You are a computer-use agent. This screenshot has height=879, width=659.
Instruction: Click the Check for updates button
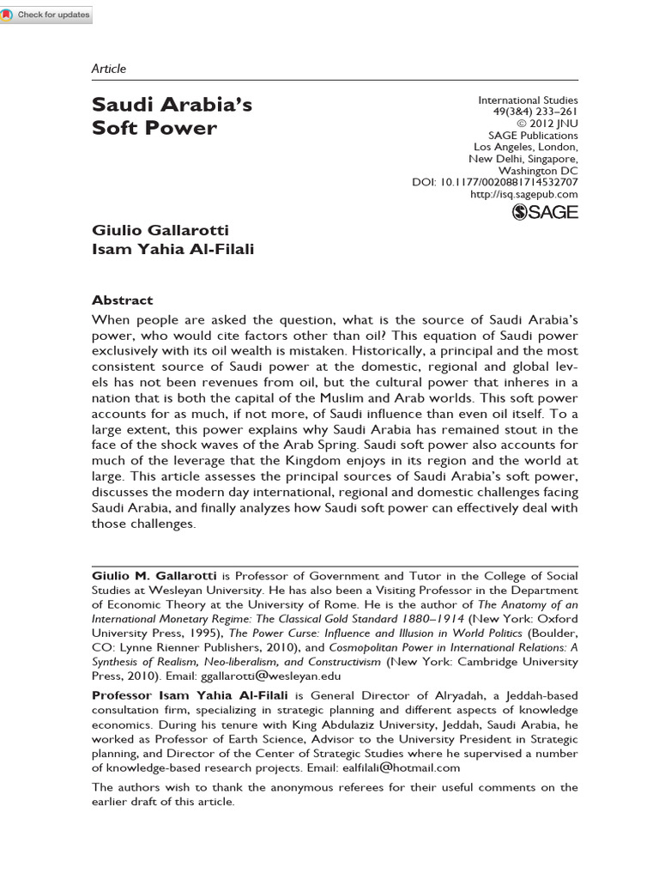pos(46,15)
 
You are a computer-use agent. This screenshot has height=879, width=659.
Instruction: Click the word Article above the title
pos(108,69)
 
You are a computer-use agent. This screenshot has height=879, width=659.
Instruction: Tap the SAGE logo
pos(545,212)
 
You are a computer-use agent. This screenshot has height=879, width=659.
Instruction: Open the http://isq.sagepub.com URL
pos(524,194)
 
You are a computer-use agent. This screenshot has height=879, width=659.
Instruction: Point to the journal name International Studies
pos(528,100)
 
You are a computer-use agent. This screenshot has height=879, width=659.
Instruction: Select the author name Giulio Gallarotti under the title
pos(160,231)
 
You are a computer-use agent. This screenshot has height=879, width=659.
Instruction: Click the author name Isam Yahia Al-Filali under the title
pos(172,250)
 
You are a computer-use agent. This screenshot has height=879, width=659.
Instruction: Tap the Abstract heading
pos(122,300)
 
